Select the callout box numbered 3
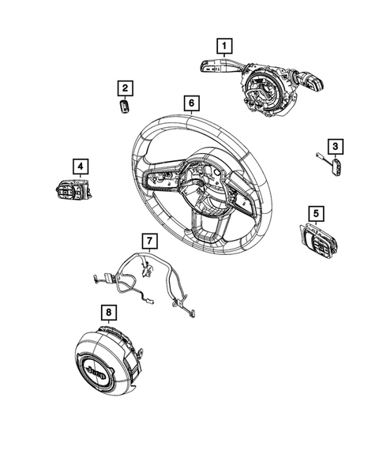click(336, 146)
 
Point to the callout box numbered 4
click(81, 166)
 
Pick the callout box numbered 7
click(147, 239)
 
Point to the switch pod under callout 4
click(73, 190)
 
